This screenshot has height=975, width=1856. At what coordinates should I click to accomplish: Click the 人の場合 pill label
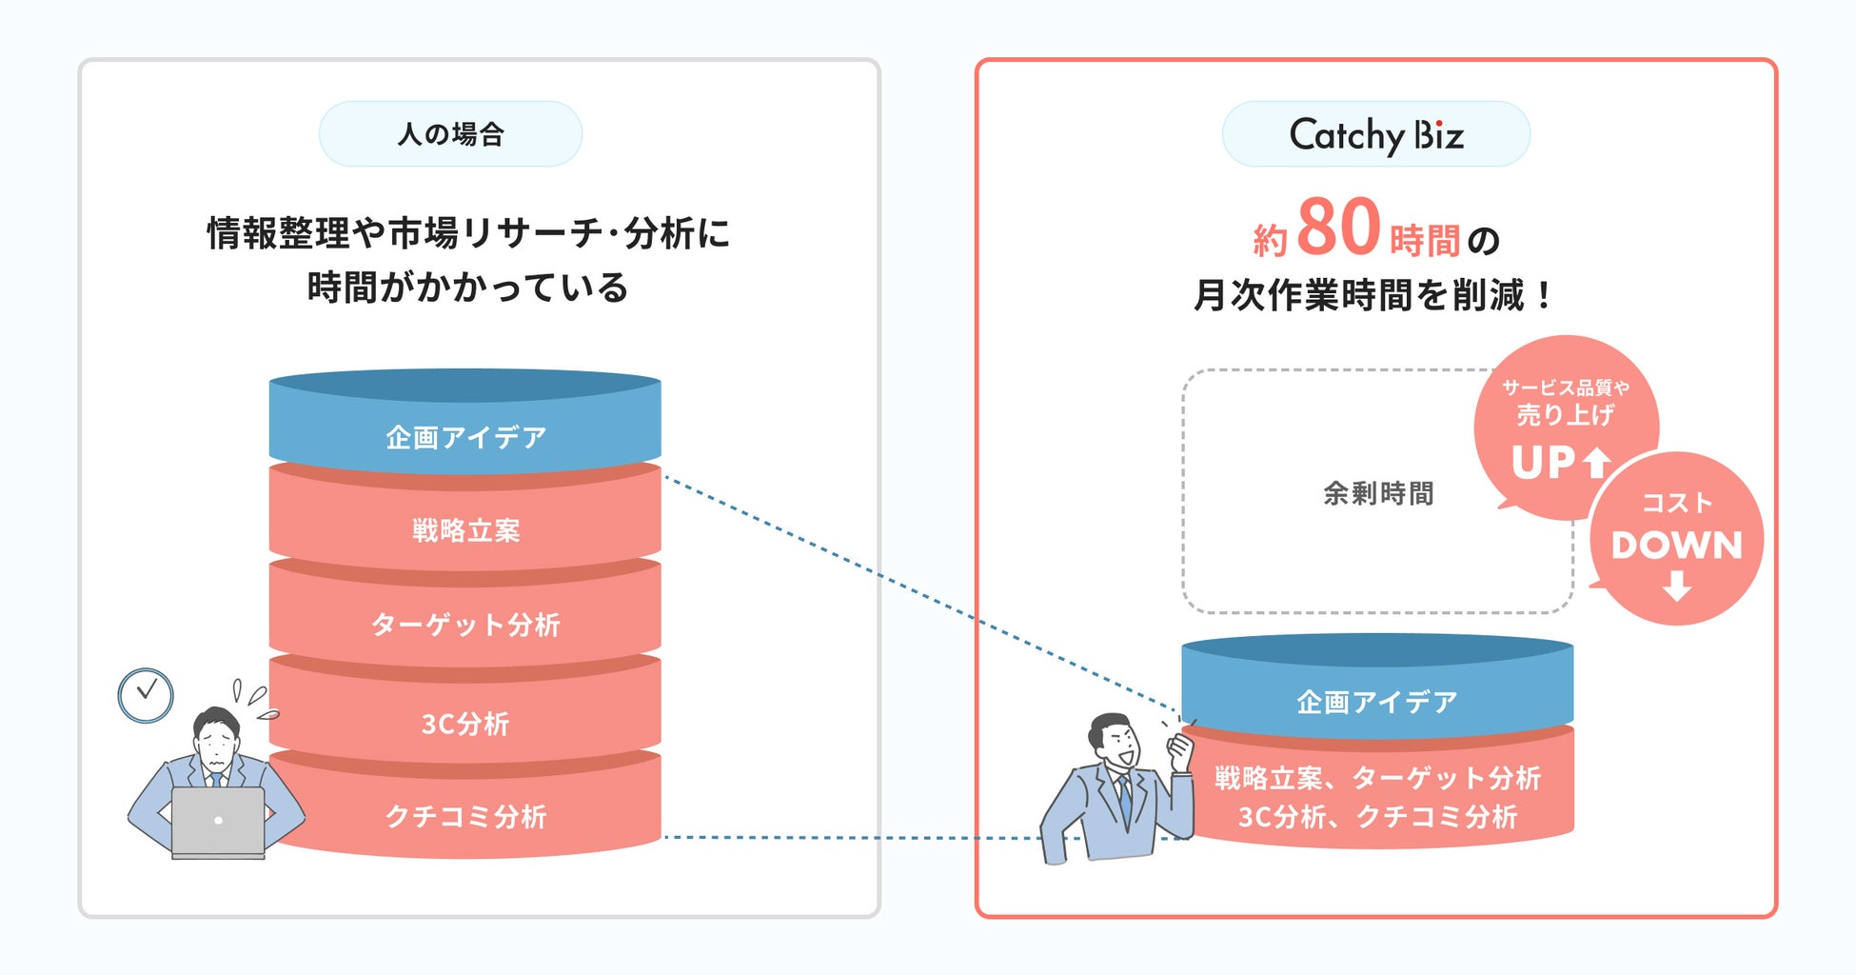point(450,134)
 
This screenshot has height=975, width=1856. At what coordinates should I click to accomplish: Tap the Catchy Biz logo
point(1375,135)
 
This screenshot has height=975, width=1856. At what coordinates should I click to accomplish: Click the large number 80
point(1337,228)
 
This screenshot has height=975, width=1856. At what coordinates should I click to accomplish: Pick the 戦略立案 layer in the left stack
point(465,530)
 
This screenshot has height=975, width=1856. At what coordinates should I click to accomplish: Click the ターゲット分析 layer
point(465,625)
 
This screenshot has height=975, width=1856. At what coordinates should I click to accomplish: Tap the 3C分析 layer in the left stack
point(465,724)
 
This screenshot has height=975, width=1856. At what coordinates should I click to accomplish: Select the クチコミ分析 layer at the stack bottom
point(465,816)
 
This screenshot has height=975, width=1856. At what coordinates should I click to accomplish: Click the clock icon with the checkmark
point(146,695)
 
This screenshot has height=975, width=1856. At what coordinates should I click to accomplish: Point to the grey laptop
point(218,821)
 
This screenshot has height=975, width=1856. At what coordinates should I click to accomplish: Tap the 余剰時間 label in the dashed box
point(1377,493)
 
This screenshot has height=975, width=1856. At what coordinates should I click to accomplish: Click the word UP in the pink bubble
point(1543,464)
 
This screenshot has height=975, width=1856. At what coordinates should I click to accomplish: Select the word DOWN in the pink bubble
point(1676,546)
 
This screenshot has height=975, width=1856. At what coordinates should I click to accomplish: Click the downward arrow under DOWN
point(1677,586)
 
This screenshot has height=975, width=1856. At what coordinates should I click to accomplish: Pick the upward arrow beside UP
point(1596,463)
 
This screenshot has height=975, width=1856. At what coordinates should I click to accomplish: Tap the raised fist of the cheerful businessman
point(1180,749)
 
